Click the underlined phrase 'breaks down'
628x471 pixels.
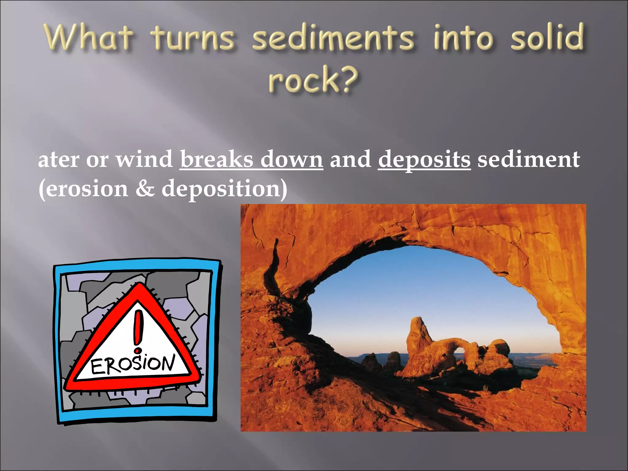click(x=251, y=159)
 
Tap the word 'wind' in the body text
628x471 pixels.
click(x=144, y=159)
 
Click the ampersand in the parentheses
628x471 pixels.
click(x=145, y=188)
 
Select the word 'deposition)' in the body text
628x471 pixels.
click(x=224, y=189)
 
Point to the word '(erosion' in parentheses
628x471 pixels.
click(x=83, y=189)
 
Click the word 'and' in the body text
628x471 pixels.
click(x=350, y=159)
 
